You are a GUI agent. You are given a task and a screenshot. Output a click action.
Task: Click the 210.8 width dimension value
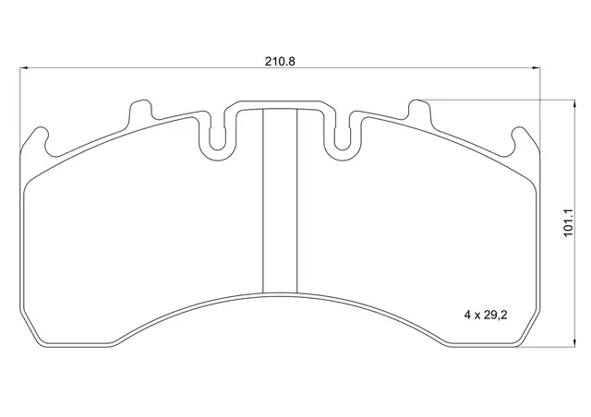pos(280,61)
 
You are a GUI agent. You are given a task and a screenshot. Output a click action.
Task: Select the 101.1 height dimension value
pos(568,222)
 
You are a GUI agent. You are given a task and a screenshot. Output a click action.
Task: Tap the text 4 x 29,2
pos(486,315)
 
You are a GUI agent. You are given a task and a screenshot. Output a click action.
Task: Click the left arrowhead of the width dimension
pos(24,68)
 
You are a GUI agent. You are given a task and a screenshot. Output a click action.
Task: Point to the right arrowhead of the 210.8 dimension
pos(536,68)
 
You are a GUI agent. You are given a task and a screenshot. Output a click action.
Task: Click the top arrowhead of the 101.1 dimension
pos(574,104)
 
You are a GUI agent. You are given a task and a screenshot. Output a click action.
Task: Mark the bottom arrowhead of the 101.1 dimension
pos(574,342)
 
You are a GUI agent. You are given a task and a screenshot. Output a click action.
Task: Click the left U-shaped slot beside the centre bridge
pos(218,137)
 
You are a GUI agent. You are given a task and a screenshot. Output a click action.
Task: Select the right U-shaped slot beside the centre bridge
pos(343,137)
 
